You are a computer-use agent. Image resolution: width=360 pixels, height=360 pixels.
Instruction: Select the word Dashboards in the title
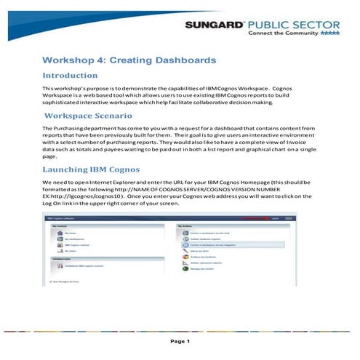[x=181, y=59]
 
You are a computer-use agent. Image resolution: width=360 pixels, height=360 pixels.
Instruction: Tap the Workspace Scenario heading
[x=88, y=116]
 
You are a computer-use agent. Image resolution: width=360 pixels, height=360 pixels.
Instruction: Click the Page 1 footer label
[x=180, y=341]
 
